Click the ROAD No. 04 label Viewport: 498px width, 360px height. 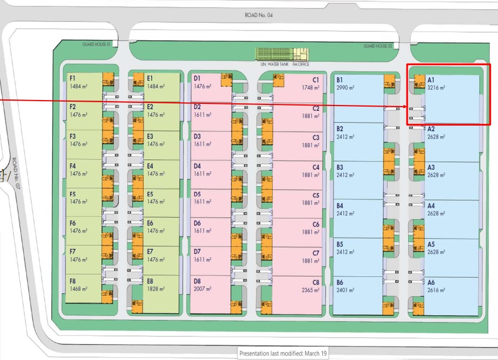tap(259, 15)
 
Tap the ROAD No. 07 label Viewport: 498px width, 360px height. tap(16, 173)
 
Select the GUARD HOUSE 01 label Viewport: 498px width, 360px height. tap(96, 45)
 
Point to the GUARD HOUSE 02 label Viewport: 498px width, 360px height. tap(378, 46)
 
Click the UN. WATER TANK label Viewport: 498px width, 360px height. tap(275, 64)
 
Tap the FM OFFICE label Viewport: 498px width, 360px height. tap(301, 64)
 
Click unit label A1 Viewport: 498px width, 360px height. tap(431, 80)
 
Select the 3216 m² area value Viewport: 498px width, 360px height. tap(436, 88)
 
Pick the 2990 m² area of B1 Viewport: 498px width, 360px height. tap(345, 88)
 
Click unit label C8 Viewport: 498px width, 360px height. tap(316, 283)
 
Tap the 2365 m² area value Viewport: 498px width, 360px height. tap(310, 290)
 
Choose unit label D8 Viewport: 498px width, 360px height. tap(197, 281)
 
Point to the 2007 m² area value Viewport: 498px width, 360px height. tap(202, 289)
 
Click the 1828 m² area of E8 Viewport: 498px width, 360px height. tap(156, 289)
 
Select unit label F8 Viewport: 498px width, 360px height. tap(73, 281)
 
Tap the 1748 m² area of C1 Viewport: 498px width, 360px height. tap(311, 88)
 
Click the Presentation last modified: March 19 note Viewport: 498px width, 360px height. tap(283, 353)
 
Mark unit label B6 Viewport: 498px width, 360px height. tap(340, 283)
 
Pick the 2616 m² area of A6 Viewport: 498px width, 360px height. tap(436, 290)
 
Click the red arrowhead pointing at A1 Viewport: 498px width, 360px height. tap(405, 107)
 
